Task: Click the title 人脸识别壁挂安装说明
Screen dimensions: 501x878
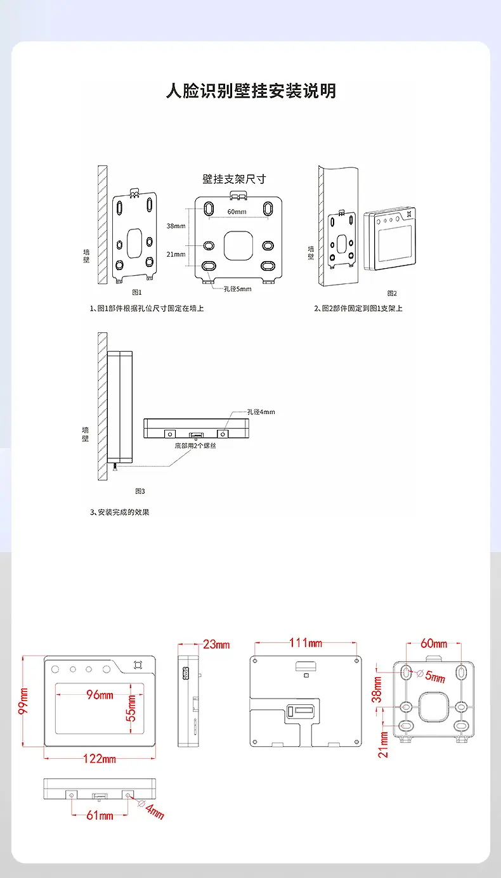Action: tap(251, 91)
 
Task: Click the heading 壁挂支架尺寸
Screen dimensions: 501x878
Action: tap(234, 179)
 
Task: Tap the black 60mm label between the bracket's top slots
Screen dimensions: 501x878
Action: tap(237, 212)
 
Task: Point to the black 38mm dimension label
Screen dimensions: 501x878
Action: tap(176, 226)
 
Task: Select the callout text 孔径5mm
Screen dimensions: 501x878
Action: tap(238, 289)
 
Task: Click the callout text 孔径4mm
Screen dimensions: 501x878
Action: tap(261, 412)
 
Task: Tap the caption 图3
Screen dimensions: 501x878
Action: tap(140, 491)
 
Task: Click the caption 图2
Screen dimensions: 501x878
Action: tap(392, 293)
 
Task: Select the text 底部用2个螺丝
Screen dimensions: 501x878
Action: tap(195, 446)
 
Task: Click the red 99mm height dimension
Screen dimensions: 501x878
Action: tap(23, 701)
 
